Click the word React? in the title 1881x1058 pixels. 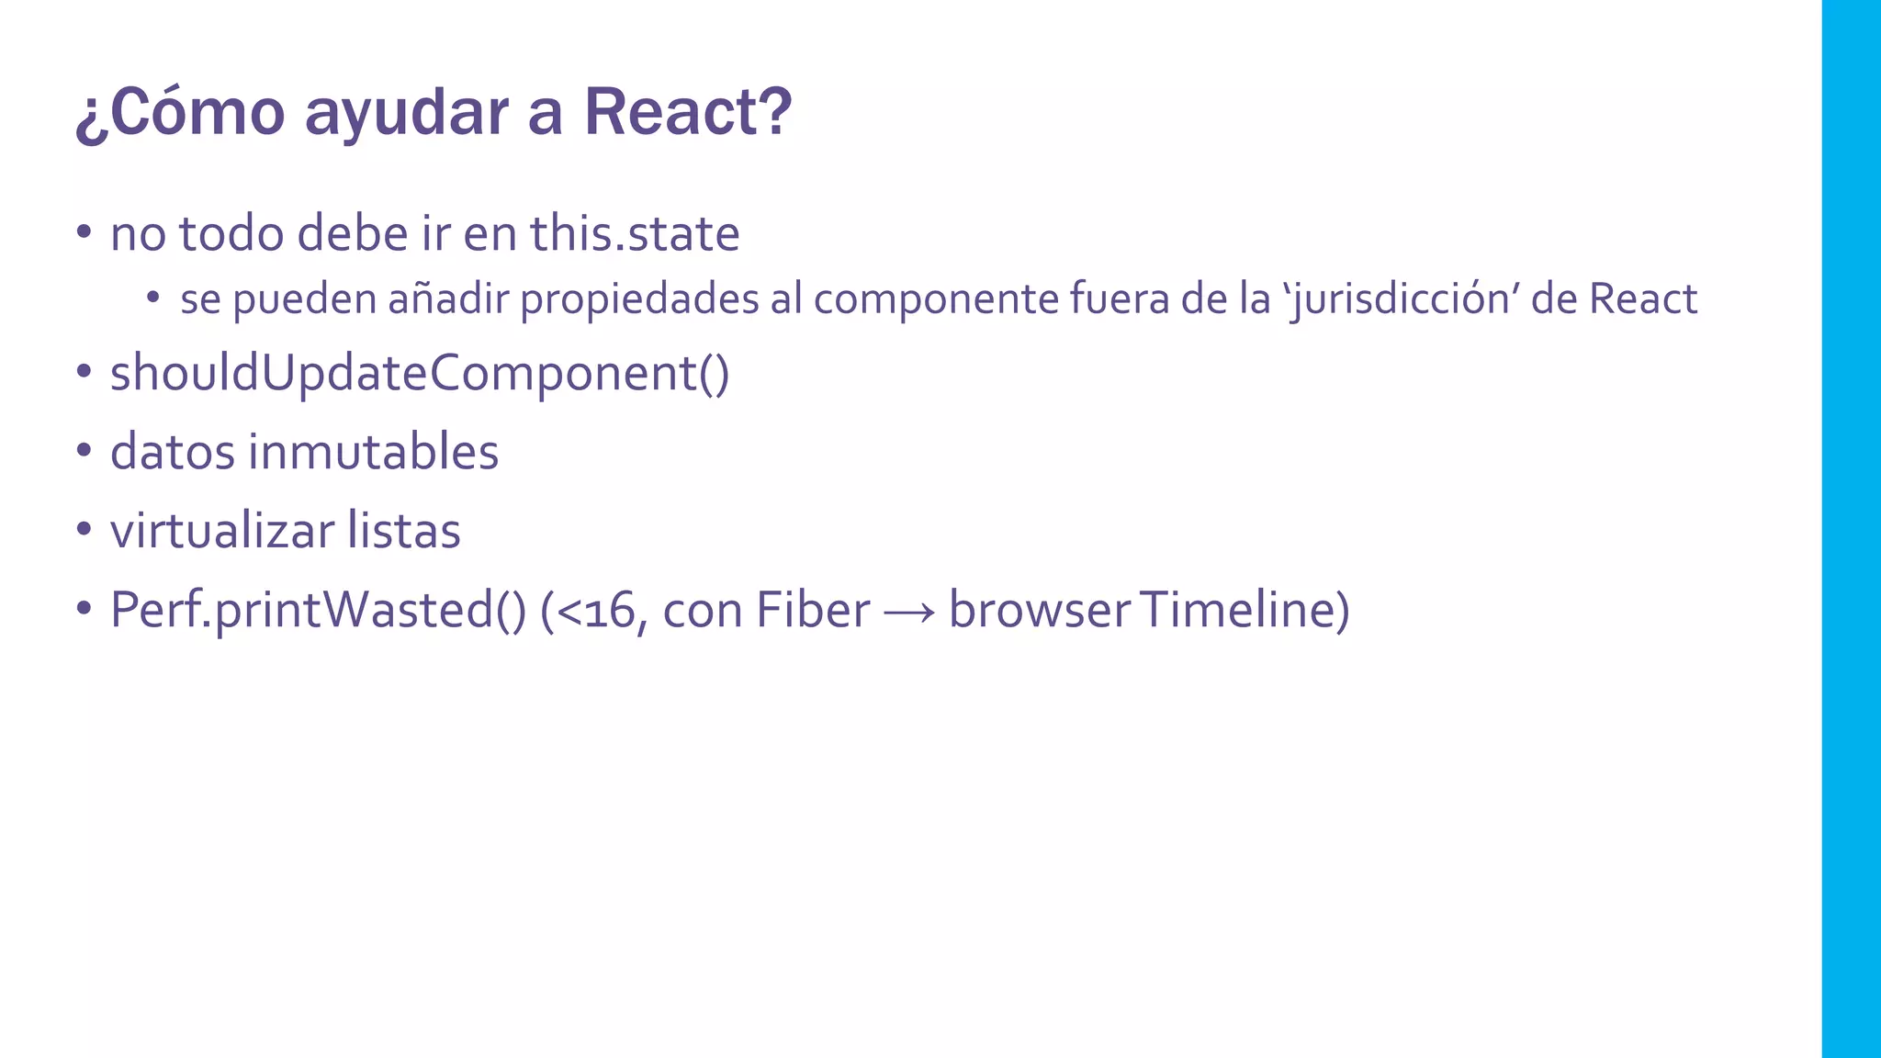687,112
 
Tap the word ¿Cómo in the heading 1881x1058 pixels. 180,112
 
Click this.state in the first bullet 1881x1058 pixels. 635,233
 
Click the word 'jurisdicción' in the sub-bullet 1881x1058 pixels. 1400,300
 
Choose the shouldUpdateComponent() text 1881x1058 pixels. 420,375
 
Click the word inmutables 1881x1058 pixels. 373,452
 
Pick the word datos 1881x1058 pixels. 173,452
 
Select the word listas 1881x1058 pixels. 404,531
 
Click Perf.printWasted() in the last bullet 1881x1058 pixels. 318,611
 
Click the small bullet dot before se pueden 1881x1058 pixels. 152,297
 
